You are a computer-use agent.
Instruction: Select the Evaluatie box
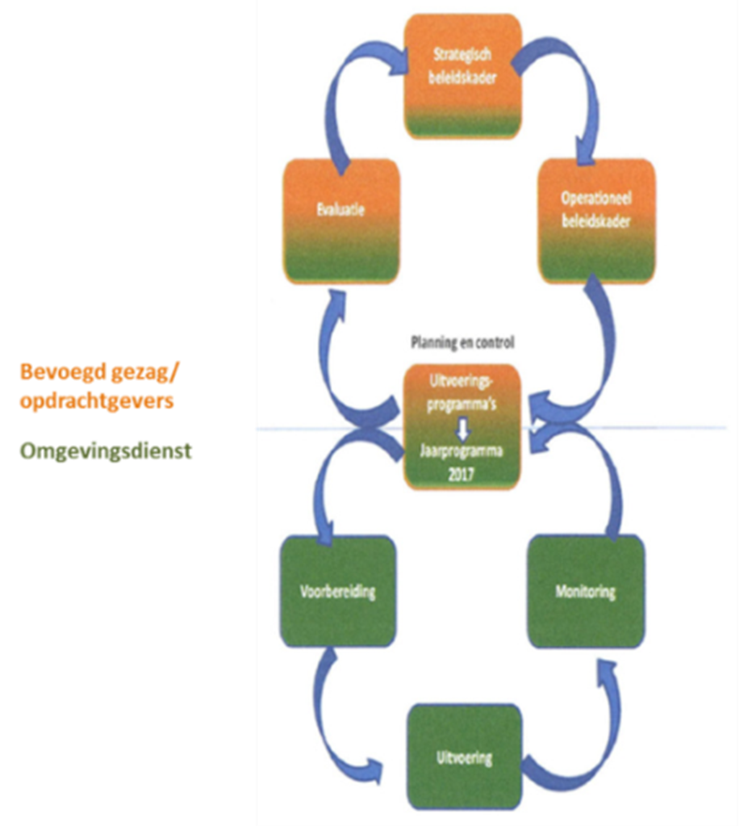tap(341, 220)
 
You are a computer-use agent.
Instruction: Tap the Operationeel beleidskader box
tap(596, 220)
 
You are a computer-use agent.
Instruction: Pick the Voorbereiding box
tap(338, 591)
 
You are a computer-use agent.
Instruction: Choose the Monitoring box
tap(585, 591)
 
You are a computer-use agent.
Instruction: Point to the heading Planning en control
tap(462, 342)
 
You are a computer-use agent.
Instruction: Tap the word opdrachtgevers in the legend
tap(97, 400)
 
